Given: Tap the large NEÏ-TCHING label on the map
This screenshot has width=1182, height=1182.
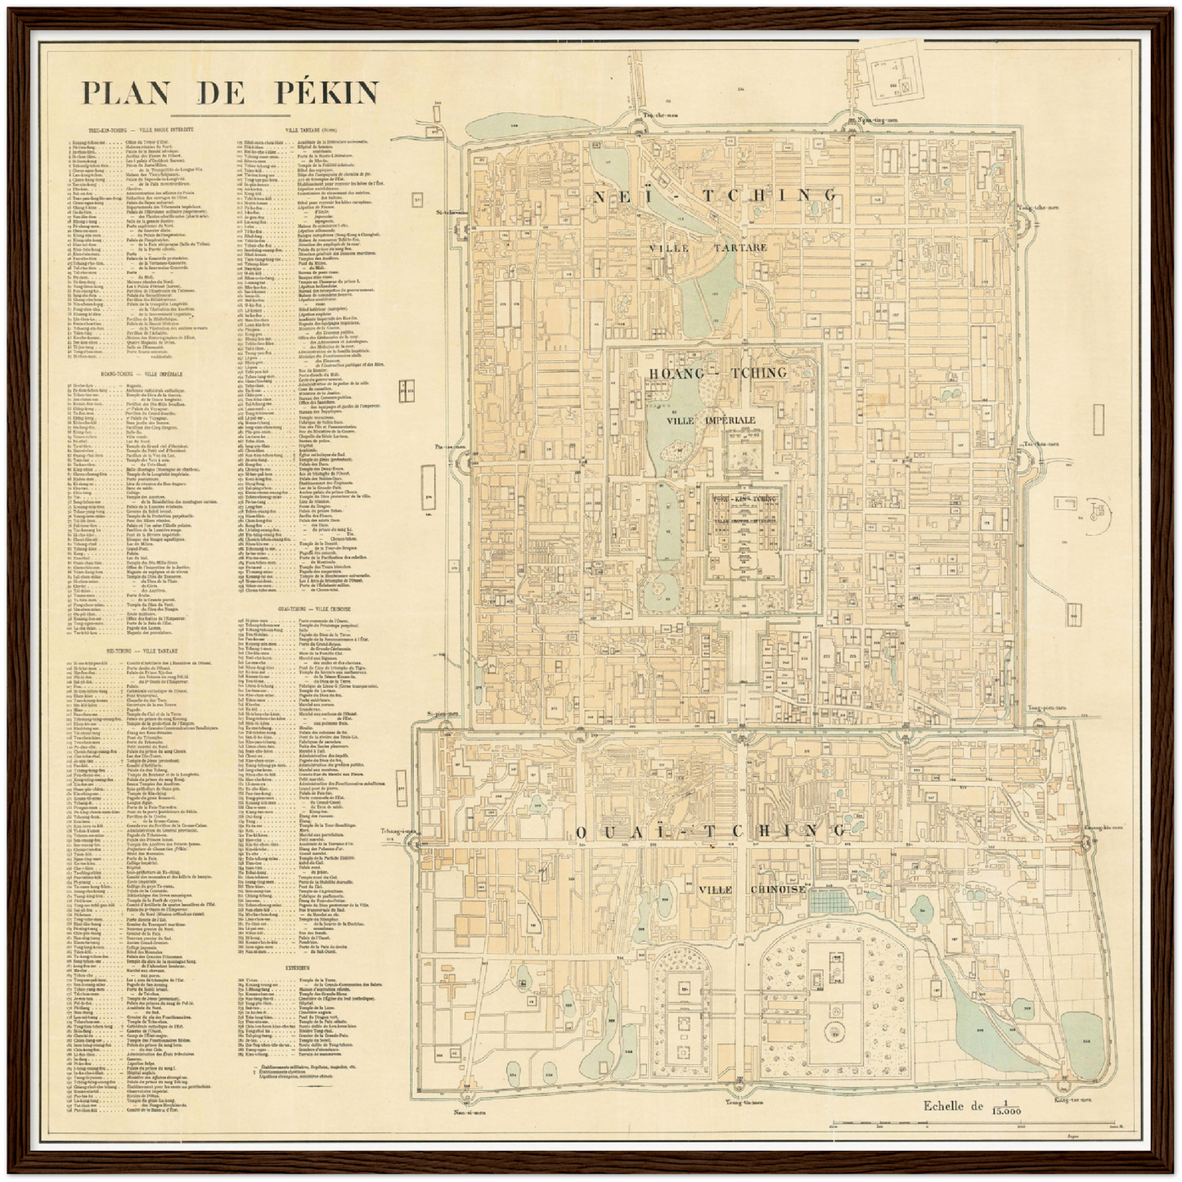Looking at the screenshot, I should (715, 195).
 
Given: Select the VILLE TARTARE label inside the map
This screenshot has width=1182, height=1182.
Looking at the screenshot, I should (709, 247).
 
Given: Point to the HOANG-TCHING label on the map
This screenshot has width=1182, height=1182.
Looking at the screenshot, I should (717, 373).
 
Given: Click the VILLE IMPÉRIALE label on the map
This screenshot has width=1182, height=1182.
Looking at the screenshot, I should (710, 420).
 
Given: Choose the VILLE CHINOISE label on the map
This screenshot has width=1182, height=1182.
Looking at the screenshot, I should (753, 889).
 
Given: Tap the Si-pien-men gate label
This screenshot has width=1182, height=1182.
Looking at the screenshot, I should (442, 713).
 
